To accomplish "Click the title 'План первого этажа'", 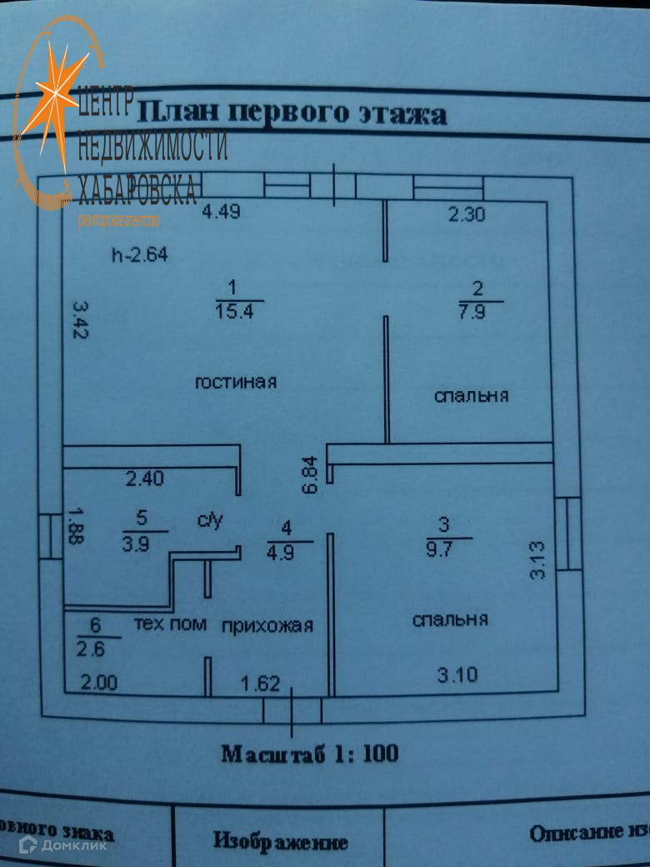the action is [x=292, y=112].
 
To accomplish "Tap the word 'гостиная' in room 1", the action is [x=236, y=383].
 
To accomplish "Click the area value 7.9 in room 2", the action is [x=477, y=312].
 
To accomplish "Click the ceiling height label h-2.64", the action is [x=140, y=256].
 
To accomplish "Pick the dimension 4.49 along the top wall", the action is [x=222, y=212].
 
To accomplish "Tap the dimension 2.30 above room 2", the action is [x=467, y=215].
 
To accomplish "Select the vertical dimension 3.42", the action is [x=78, y=319].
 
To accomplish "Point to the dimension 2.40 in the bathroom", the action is [x=145, y=479].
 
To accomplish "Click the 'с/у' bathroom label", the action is [x=211, y=522].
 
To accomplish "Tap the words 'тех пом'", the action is [x=170, y=624].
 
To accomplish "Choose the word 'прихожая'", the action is [x=267, y=626].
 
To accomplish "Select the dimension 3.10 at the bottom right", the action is [x=457, y=674].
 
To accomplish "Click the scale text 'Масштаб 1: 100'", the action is [x=310, y=754].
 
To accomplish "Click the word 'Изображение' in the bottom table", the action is [x=280, y=841].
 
